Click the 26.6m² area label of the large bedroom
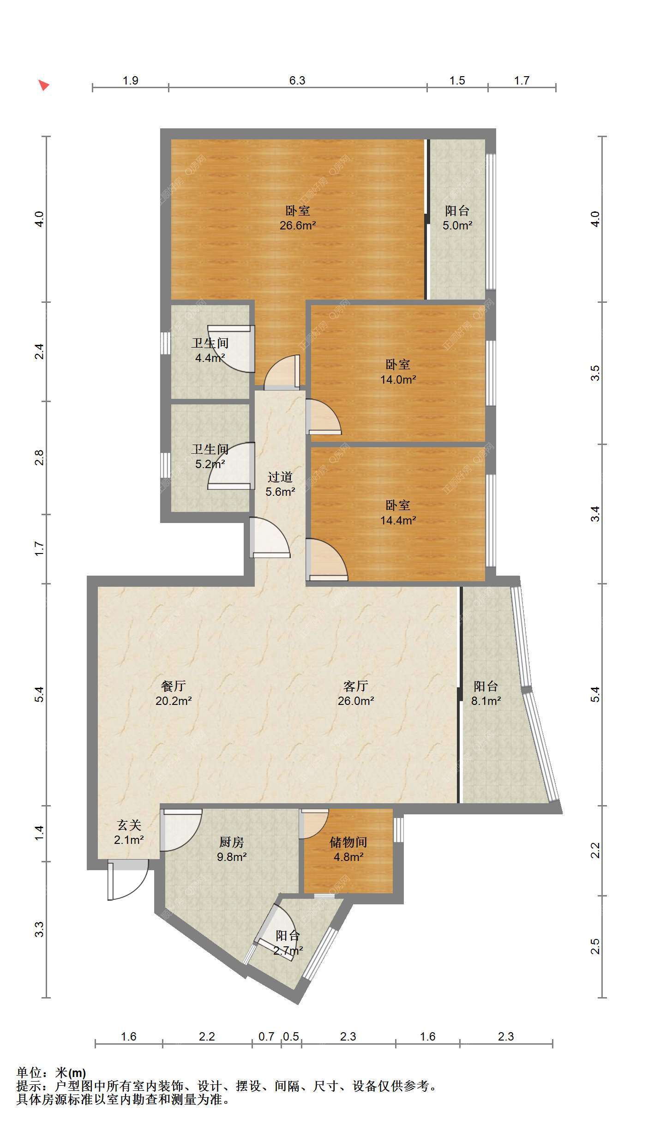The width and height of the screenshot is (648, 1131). pyautogui.click(x=298, y=218)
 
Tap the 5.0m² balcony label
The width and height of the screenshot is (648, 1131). pyautogui.click(x=457, y=218)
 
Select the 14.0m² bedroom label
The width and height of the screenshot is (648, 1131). pyautogui.click(x=398, y=372)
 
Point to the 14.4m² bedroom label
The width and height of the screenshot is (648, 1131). pyautogui.click(x=398, y=513)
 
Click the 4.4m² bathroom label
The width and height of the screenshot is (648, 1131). pyautogui.click(x=210, y=350)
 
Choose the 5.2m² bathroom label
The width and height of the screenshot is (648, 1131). pyautogui.click(x=210, y=457)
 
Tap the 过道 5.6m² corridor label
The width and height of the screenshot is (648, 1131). pyautogui.click(x=280, y=484)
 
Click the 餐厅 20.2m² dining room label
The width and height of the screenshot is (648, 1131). pyautogui.click(x=174, y=693)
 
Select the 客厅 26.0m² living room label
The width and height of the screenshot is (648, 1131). pyautogui.click(x=356, y=693)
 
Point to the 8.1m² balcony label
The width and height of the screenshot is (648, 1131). pyautogui.click(x=486, y=693)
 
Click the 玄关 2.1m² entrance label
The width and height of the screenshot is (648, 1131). pyautogui.click(x=129, y=832)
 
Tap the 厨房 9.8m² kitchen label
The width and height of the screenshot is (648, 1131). pyautogui.click(x=231, y=849)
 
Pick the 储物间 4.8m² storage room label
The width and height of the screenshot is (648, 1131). pyautogui.click(x=348, y=849)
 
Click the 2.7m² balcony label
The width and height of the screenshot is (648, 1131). pyautogui.click(x=288, y=943)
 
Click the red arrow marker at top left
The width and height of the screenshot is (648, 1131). pyautogui.click(x=43, y=85)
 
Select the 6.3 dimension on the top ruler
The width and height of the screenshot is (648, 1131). pyautogui.click(x=297, y=80)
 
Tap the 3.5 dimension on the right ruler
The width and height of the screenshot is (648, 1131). pyautogui.click(x=595, y=373)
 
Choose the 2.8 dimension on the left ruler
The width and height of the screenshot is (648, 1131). pyautogui.click(x=39, y=457)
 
